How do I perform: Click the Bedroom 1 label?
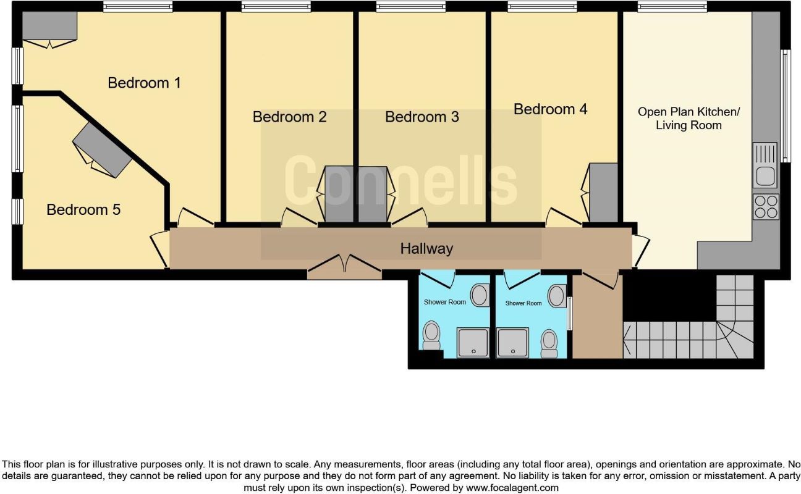(144, 83)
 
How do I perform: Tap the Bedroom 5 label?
(83, 210)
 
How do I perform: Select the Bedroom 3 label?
(422, 117)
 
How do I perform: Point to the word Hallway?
(426, 249)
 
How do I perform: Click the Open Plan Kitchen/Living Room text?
(688, 119)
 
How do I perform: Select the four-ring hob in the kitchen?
(766, 206)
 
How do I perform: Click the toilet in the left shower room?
(431, 335)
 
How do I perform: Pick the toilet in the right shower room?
(548, 343)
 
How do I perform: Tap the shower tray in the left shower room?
(473, 343)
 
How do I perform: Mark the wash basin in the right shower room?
(557, 295)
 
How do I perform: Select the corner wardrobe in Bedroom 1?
(49, 26)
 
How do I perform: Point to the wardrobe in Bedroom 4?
(603, 192)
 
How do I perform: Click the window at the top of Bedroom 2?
(276, 7)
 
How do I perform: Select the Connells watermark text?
(400, 181)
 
